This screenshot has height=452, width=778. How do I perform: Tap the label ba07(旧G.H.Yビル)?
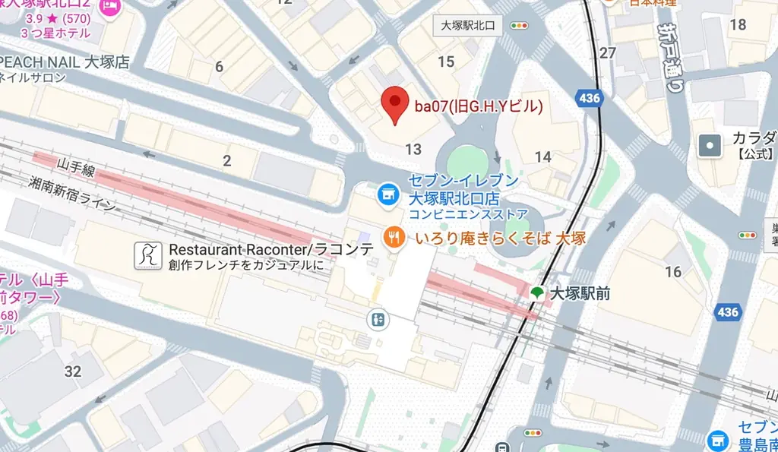(478, 106)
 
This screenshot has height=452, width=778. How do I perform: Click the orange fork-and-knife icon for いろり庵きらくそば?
(394, 238)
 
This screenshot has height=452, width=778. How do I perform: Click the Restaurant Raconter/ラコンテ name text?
(271, 250)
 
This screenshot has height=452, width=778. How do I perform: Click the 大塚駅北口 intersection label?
(468, 25)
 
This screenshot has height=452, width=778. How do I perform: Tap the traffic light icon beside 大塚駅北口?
(520, 25)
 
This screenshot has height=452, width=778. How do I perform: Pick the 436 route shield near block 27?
(589, 97)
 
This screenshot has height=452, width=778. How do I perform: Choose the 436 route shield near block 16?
(727, 311)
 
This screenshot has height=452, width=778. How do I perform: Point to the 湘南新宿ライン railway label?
(73, 194)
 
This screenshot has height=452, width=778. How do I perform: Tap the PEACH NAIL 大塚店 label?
(65, 62)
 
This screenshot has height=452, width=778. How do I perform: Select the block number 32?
(73, 371)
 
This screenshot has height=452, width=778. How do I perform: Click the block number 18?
(737, 24)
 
